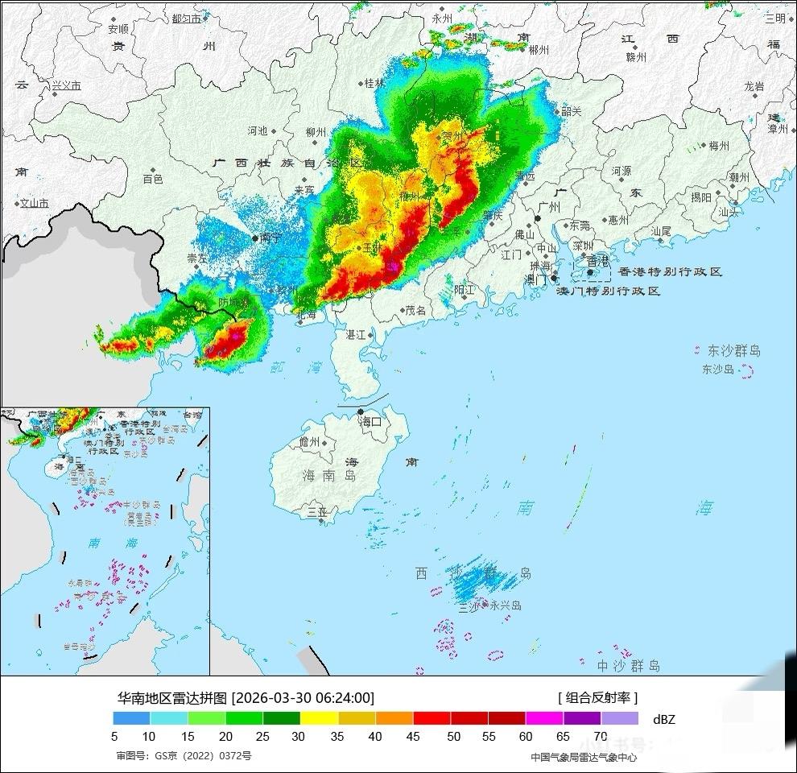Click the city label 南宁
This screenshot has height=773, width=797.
click(270, 238)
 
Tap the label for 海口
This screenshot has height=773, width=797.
click(370, 421)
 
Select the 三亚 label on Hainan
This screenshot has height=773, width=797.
click(317, 511)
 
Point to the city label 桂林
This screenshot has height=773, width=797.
click(374, 83)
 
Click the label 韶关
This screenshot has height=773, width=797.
click(571, 112)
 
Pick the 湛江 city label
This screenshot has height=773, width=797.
click(355, 334)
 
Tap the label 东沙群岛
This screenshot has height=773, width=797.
click(733, 351)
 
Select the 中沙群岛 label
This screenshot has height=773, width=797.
click(628, 666)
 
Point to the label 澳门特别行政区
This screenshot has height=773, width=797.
click(609, 291)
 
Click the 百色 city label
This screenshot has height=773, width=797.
click(153, 179)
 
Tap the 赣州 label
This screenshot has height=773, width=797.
click(636, 57)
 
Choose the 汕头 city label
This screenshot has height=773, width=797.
click(729, 212)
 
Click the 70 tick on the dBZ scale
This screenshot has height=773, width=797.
click(601, 735)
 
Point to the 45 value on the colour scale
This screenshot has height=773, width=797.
click(413, 735)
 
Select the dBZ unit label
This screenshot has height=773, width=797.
click(663, 719)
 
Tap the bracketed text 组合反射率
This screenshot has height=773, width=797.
click(597, 698)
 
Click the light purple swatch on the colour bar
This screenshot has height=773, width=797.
click(619, 718)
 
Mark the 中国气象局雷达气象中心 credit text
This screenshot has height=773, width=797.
click(584, 757)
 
